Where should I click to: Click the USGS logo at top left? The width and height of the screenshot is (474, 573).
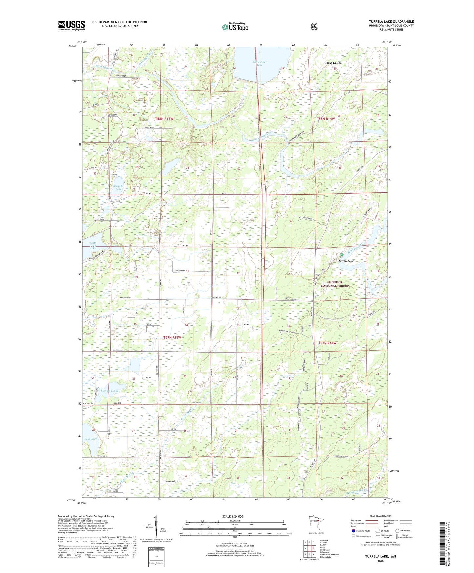point(72,25)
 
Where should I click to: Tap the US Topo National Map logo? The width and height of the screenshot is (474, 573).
point(235,27)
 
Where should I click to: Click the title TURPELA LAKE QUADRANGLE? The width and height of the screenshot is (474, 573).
point(391,22)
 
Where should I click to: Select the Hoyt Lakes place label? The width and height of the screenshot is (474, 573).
point(333,63)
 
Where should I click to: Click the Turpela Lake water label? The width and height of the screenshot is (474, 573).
point(118,187)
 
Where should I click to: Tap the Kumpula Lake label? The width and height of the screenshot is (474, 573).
point(110,391)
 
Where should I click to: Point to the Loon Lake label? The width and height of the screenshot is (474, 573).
point(91,439)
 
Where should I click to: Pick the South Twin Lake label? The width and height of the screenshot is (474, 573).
point(93,245)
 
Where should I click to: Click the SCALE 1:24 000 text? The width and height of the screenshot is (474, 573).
point(233,516)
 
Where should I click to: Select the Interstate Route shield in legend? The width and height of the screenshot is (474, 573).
point(353,531)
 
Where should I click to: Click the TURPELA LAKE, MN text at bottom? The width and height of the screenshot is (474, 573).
point(381,556)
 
